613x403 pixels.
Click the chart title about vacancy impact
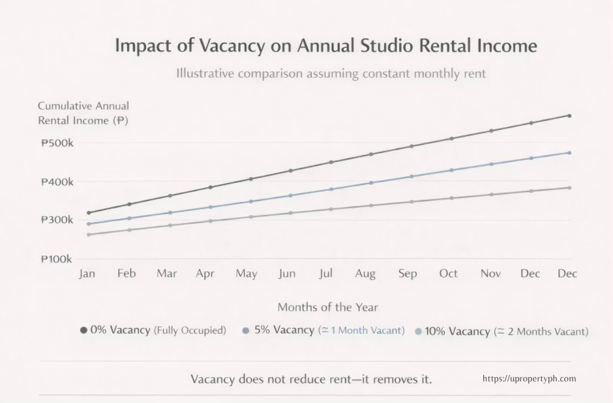[325, 46]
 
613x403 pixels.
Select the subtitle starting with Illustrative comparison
[331, 73]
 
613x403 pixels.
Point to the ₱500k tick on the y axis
[57, 143]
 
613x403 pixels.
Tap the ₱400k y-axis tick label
[57, 182]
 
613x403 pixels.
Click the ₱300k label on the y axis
[57, 220]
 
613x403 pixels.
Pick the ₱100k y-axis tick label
[57, 259]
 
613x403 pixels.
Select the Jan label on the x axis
[87, 274]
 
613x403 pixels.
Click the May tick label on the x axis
[246, 274]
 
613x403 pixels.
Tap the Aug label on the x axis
[365, 274]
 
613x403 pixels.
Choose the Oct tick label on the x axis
[448, 274]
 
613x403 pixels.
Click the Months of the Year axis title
[327, 307]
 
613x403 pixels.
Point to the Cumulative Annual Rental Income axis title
[83, 113]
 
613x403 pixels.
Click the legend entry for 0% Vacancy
[153, 330]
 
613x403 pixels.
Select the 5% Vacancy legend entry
[323, 330]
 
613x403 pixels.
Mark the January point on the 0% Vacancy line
[89, 212]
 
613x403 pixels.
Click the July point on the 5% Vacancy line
[331, 189]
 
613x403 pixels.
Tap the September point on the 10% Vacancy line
[411, 201]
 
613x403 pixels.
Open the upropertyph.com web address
[529, 379]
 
